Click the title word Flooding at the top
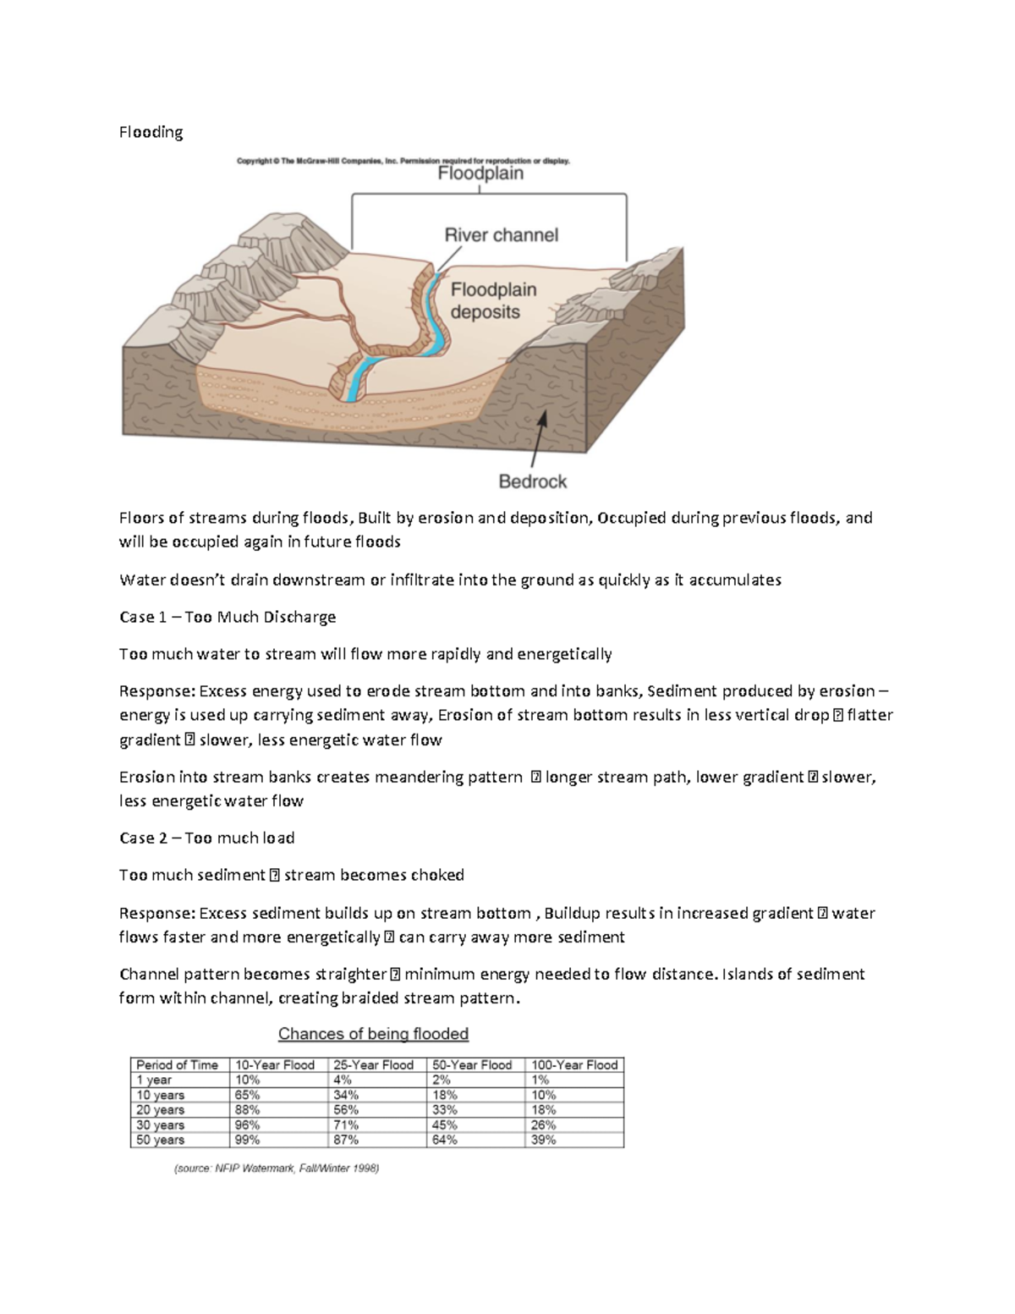151,132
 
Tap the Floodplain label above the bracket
480,173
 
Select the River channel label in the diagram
502,234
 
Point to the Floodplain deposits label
493,300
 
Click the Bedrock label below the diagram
532,481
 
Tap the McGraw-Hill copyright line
403,160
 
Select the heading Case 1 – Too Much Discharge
228,617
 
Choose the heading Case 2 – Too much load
206,838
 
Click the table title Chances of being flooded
373,1034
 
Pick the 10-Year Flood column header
275,1065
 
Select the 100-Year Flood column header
574,1065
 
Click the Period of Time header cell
177,1065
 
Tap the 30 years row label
160,1125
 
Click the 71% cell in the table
346,1125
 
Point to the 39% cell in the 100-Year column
543,1140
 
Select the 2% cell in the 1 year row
442,1080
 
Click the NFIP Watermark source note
277,1169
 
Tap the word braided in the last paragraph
376,998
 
